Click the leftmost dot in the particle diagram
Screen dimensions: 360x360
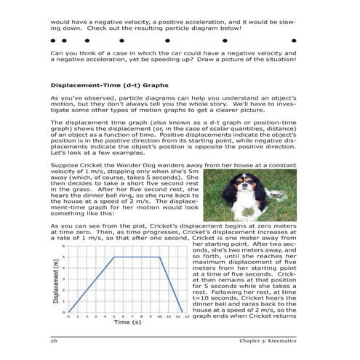click(x=52, y=41)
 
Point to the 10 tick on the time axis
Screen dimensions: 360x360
click(x=159, y=335)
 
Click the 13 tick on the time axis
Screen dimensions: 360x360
click(x=187, y=335)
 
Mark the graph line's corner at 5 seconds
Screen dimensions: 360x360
click(x=113, y=257)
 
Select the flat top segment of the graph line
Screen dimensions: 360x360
click(x=137, y=257)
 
